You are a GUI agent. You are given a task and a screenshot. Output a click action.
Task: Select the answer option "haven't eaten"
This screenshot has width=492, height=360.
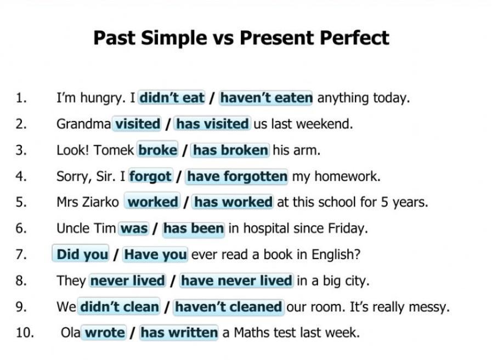click(x=266, y=98)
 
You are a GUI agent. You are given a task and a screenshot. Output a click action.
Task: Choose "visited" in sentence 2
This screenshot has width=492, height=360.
click(x=137, y=124)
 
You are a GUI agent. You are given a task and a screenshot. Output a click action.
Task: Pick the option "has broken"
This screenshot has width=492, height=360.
click(x=230, y=150)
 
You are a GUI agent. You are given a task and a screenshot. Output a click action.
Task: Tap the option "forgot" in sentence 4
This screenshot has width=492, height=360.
click(x=150, y=176)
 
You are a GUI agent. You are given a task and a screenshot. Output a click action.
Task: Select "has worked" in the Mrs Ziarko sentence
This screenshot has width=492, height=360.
click(x=233, y=202)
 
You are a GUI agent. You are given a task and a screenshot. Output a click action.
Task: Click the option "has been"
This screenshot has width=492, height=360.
click(x=193, y=228)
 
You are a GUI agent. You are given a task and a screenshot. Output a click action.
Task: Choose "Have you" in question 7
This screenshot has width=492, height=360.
click(x=155, y=255)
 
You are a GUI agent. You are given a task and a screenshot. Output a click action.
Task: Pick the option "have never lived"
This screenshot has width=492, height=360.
click(x=236, y=281)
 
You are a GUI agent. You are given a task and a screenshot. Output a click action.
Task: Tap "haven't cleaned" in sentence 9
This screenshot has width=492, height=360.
click(x=228, y=307)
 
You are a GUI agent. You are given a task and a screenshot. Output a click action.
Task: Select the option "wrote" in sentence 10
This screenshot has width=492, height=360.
click(x=104, y=333)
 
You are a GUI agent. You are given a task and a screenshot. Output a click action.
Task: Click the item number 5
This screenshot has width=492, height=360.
click(x=21, y=202)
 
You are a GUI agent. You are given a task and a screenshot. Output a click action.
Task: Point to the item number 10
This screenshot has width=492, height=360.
click(x=25, y=333)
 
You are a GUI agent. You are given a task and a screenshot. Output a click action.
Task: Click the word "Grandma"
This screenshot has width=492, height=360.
click(x=83, y=124)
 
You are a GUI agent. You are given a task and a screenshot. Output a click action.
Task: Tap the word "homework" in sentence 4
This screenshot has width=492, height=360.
click(x=347, y=176)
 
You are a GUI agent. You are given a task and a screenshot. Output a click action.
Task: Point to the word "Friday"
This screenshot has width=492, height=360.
click(x=348, y=228)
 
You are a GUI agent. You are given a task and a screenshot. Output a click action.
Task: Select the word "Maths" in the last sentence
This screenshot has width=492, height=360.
click(x=251, y=333)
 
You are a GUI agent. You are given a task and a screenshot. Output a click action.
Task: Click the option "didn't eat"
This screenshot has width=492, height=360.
click(x=172, y=98)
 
